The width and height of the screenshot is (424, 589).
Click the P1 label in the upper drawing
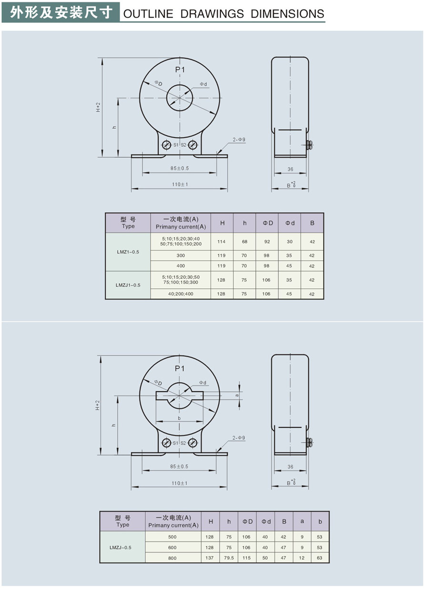180,70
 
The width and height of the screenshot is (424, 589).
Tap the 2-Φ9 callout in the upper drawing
239,140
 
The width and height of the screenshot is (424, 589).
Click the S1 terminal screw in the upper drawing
166,145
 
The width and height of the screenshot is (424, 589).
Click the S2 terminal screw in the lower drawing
192,443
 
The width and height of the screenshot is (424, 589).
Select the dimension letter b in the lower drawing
179,418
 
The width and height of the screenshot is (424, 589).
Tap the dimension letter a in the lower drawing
237,396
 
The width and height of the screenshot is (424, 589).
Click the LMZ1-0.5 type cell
128,252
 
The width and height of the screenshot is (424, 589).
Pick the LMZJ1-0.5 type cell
128,285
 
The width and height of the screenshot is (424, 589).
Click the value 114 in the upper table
222,242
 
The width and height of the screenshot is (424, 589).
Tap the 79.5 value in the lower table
229,558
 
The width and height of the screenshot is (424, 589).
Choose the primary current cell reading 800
172,558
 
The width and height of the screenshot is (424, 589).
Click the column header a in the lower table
302,521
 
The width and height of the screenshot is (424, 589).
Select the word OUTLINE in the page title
148,14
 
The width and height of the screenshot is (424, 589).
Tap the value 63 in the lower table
320,558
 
